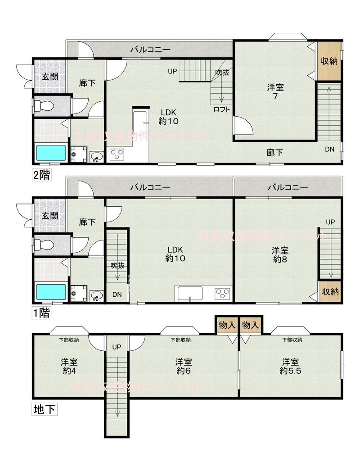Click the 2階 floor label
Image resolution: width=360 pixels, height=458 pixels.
(x=42, y=175)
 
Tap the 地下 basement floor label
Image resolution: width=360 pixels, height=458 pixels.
(x=45, y=409)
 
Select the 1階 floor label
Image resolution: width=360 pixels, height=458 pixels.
(x=42, y=313)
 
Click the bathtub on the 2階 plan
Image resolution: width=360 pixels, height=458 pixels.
(x=51, y=153)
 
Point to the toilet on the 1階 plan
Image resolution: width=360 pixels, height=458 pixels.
(x=44, y=245)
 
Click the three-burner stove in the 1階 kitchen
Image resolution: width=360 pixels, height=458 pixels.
(x=223, y=293)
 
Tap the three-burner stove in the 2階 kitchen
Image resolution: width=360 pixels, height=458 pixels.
(x=117, y=154)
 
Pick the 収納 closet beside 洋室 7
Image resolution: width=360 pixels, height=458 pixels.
(x=329, y=61)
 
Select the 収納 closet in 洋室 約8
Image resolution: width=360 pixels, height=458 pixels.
(x=330, y=291)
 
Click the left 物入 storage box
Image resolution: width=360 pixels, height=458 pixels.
(x=227, y=325)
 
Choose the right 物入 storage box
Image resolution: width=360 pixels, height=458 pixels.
(x=251, y=325)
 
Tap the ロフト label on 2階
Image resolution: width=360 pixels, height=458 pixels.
(x=222, y=109)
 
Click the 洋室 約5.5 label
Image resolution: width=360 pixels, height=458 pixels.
(x=291, y=366)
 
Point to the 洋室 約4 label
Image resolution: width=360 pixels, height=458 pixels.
(x=69, y=366)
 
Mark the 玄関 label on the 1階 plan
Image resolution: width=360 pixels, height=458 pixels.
(x=50, y=216)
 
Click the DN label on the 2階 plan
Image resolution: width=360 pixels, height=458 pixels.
(x=330, y=149)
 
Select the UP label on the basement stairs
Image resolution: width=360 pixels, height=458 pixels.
(x=117, y=347)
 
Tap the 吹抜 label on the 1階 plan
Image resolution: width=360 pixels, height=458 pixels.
(x=117, y=265)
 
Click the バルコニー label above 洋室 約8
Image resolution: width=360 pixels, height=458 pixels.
(x=288, y=187)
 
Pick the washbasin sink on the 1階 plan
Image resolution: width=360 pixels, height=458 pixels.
(x=96, y=295)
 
